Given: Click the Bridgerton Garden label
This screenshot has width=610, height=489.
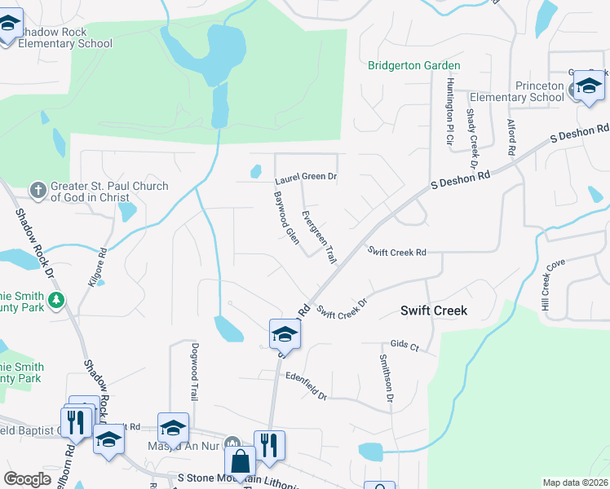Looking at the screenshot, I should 413,65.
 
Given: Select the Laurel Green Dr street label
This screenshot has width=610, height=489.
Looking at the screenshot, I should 306,176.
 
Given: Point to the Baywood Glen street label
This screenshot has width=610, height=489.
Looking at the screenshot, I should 286,218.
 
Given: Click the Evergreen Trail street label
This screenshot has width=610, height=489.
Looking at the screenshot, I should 318,237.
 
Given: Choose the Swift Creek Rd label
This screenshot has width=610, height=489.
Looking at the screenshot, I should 396,253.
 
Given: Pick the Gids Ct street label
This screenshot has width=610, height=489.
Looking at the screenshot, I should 404,346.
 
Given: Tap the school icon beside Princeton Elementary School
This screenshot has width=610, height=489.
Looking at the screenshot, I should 588,86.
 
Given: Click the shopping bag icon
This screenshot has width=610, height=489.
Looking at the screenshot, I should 241,462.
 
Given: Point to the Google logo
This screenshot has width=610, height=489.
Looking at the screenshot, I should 27,479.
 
